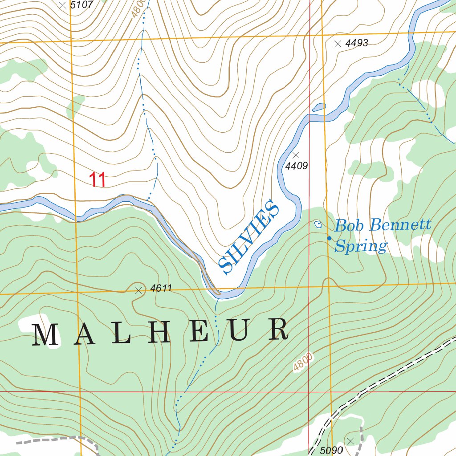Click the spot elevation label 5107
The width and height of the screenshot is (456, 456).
pyautogui.click(x=82, y=5)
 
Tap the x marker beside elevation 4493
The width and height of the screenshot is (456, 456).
pyautogui.click(x=338, y=44)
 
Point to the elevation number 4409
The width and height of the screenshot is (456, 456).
pyautogui.click(x=297, y=166)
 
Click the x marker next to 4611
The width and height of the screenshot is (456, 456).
pyautogui.click(x=138, y=291)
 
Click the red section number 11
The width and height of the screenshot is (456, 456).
pyautogui.click(x=98, y=180)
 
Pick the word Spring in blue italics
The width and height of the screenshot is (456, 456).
pyautogui.click(x=361, y=246)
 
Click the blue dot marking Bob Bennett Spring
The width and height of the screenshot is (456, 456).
pyautogui.click(x=329, y=238)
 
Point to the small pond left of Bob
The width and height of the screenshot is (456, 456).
pyautogui.click(x=318, y=224)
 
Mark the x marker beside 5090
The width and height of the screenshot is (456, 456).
pyautogui.click(x=350, y=441)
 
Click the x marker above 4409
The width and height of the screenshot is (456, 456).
pyautogui.click(x=296, y=155)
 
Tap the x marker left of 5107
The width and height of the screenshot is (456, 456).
pyautogui.click(x=62, y=5)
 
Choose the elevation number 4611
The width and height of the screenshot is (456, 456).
pyautogui.click(x=161, y=288)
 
